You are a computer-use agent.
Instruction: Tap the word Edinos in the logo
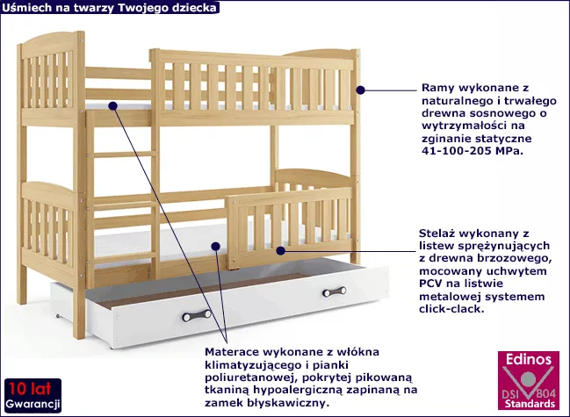pyautogui.click(x=526, y=359)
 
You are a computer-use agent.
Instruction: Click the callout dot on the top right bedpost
pyautogui.click(x=359, y=89)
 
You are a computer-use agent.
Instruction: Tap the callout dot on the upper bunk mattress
pyautogui.click(x=113, y=105)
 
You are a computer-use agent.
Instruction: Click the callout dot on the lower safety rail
pyautogui.click(x=279, y=249)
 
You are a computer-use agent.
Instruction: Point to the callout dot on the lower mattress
pyautogui.click(x=217, y=247)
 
